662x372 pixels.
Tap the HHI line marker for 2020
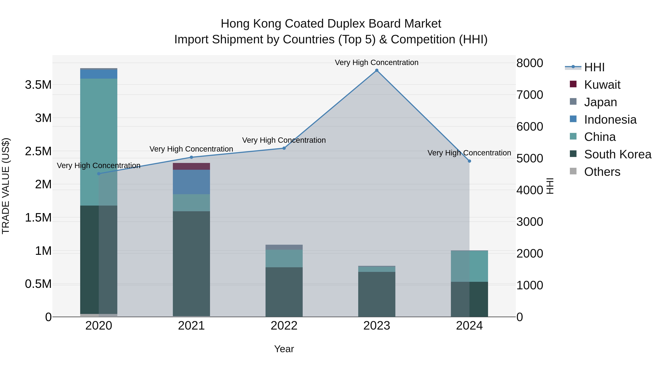click(x=99, y=174)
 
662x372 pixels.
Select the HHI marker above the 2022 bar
click(x=284, y=148)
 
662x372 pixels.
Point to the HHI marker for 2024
click(x=469, y=161)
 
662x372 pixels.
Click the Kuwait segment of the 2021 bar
click(x=191, y=166)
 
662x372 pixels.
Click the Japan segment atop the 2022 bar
click(x=284, y=247)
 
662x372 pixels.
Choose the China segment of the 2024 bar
click(x=469, y=266)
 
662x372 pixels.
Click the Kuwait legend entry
click(x=602, y=85)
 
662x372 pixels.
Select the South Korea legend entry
click(x=617, y=154)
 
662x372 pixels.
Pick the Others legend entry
click(x=602, y=172)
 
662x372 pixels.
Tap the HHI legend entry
click(x=594, y=67)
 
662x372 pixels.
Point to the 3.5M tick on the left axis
click(x=38, y=85)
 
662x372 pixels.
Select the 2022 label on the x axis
click(x=284, y=326)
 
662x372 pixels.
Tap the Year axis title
click(x=284, y=349)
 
